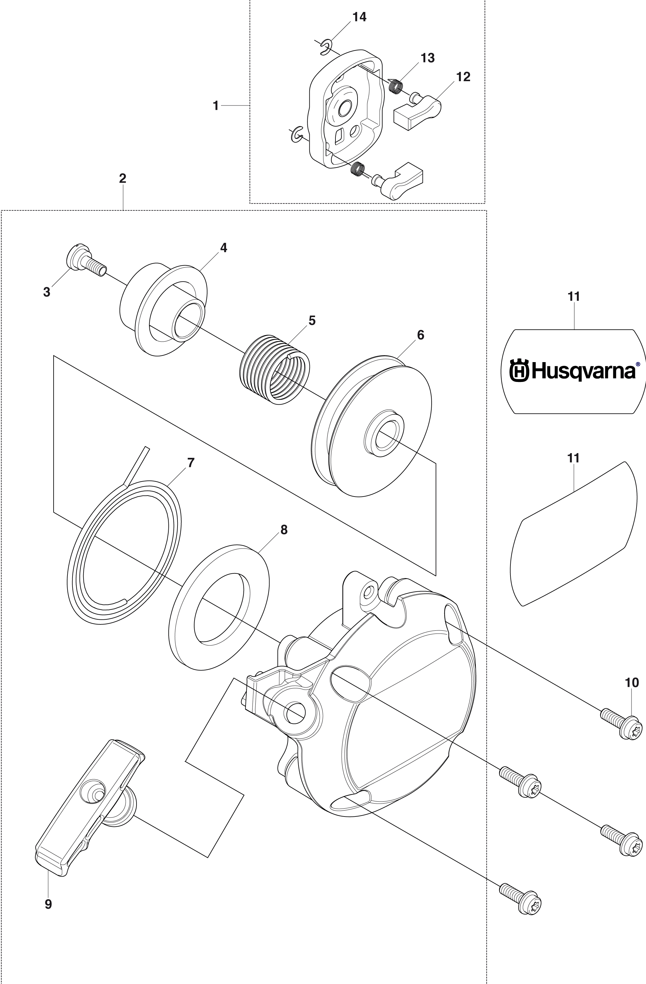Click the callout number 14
(359, 17)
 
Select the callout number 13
(428, 58)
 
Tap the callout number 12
(463, 77)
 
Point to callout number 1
(216, 106)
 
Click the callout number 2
(123, 179)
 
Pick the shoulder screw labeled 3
(86, 261)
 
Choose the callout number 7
(190, 463)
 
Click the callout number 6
(421, 335)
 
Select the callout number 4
(224, 248)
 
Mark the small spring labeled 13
(396, 86)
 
